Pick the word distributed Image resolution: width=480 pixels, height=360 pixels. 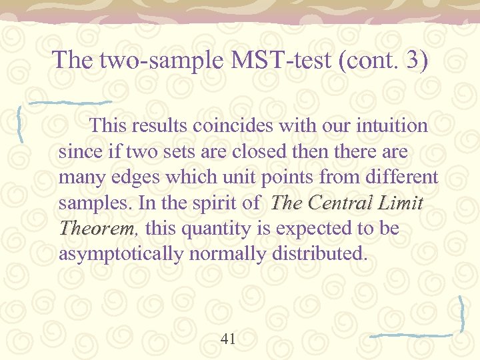[319, 255]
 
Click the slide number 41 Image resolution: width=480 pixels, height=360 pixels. [228, 339]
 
